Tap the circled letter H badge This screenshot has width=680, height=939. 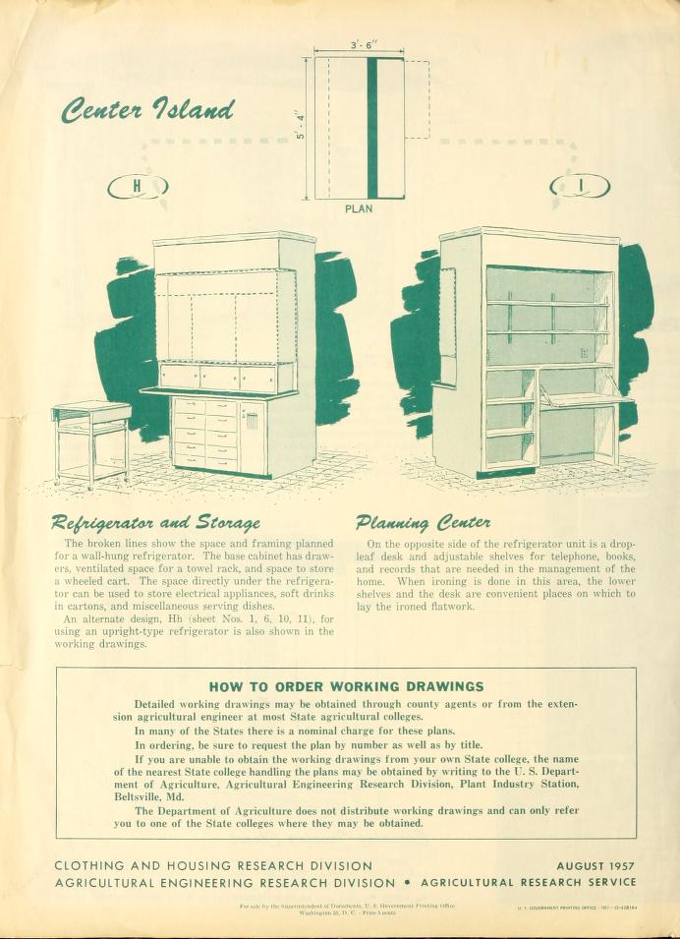click(x=138, y=185)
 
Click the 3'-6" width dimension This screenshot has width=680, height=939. click(x=359, y=45)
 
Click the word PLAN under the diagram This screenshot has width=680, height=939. click(x=359, y=208)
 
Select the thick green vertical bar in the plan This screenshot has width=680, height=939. click(x=371, y=128)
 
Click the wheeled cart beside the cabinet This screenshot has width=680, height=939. click(x=91, y=442)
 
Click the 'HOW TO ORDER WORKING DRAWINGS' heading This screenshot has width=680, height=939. click(x=347, y=685)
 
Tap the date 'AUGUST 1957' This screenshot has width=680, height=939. click(x=595, y=866)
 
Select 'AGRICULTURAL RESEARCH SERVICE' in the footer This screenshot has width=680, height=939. click(x=528, y=882)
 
